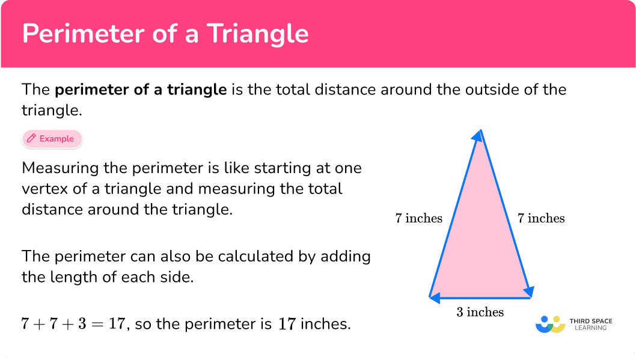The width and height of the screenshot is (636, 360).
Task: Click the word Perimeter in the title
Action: (x=83, y=33)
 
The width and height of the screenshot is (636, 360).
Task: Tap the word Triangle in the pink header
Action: (x=257, y=34)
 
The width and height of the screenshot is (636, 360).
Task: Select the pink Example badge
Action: (x=52, y=139)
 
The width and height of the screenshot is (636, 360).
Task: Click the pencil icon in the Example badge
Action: (x=31, y=139)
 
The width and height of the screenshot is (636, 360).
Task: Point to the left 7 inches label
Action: (x=419, y=218)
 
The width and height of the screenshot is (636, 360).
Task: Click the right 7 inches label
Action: (x=541, y=218)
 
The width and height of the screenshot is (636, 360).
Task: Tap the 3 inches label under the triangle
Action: (x=480, y=312)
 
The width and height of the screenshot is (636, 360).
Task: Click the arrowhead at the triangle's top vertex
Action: (x=477, y=135)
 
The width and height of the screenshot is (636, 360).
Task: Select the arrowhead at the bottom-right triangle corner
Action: (x=529, y=291)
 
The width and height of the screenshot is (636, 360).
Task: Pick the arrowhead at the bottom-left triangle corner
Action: (x=435, y=298)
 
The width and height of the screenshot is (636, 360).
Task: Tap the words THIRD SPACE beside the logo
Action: (x=591, y=321)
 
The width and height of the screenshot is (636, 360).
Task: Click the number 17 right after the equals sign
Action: (x=117, y=323)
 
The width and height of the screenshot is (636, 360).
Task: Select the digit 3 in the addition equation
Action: (x=82, y=323)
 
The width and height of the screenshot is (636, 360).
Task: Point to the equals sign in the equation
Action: (x=97, y=324)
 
